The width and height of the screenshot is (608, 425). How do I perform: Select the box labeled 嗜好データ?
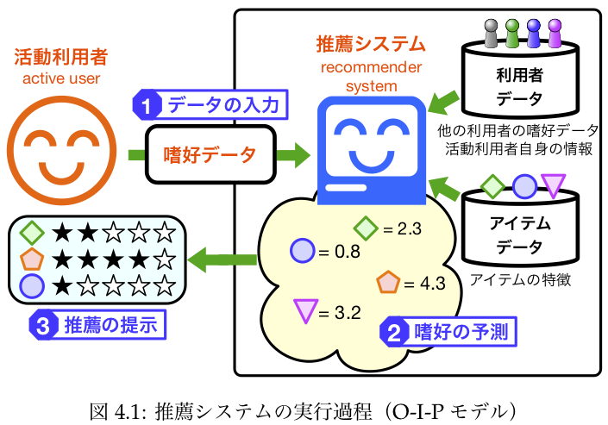click(x=210, y=155)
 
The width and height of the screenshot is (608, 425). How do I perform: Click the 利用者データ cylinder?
click(x=519, y=87)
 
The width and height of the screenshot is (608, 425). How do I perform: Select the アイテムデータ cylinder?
click(x=519, y=234)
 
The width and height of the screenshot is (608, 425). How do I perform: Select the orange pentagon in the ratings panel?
click(x=31, y=258)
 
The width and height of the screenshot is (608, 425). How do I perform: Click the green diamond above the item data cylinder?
click(x=492, y=184)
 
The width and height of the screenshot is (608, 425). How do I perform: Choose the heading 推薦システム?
click(x=371, y=43)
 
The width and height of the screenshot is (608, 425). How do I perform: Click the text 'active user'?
click(x=60, y=80)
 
